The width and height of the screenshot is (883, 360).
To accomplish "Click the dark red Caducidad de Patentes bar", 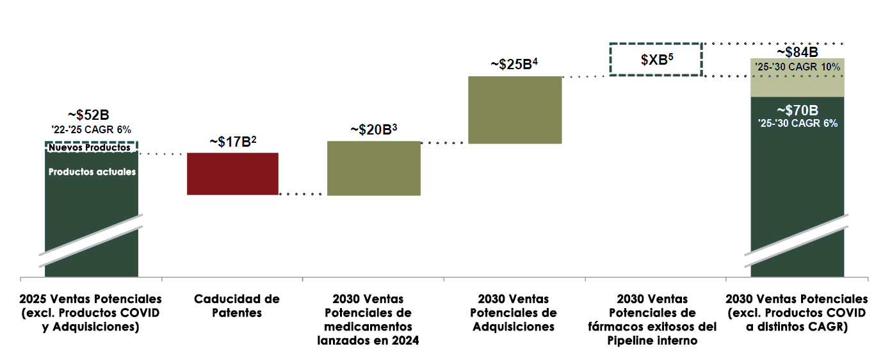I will [232, 174].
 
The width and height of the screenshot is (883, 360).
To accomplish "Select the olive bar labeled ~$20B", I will [374, 168].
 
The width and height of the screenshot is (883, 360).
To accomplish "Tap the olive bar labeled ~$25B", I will [515, 110].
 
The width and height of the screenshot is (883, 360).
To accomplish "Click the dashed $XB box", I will [656, 60].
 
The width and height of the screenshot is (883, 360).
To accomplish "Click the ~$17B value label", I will [233, 142].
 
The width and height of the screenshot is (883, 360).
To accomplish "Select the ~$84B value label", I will [798, 52].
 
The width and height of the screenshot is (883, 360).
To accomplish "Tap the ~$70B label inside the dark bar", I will [798, 110].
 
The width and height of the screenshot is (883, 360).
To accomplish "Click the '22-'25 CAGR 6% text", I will [92, 130].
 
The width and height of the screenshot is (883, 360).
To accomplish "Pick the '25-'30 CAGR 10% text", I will [798, 66].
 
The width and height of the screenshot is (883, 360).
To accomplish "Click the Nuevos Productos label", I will [90, 147].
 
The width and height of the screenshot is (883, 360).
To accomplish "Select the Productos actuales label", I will [92, 172].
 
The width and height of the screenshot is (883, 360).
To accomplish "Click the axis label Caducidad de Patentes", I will [236, 306].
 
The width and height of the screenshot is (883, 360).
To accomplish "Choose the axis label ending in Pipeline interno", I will [652, 320].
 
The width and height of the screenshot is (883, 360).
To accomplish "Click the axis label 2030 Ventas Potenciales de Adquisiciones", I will [514, 313].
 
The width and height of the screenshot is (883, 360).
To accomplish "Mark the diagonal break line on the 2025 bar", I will [92, 240].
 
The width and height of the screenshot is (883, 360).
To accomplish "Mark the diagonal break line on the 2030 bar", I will [798, 240].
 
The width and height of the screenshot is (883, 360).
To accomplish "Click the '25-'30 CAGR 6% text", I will [798, 124].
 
